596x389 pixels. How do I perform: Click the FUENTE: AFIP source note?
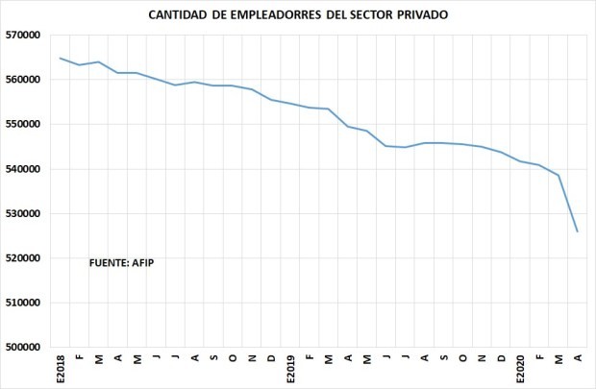121,261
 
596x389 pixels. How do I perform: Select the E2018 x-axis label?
61,368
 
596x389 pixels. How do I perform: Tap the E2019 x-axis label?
290,368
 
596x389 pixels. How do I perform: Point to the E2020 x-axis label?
521,368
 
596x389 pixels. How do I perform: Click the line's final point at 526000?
578,231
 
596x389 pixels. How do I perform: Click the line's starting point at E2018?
61,58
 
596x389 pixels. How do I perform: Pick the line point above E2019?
290,104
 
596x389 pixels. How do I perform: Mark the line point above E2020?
521,161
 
